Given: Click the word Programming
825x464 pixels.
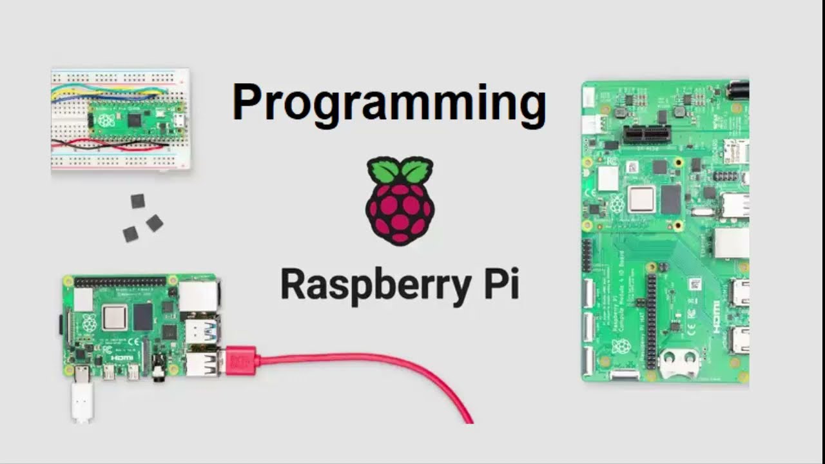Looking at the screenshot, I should (389, 103).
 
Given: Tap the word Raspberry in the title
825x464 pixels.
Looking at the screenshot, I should (367, 285).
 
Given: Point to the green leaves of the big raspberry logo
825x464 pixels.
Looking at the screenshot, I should (400, 170).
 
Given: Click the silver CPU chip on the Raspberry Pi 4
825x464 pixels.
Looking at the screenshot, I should (114, 318).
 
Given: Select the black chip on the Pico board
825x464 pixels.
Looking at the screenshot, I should (135, 121).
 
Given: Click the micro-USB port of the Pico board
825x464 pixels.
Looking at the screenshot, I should (181, 121).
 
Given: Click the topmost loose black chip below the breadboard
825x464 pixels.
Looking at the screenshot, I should (137, 201).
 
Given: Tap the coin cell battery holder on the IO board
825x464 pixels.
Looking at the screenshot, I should (679, 363).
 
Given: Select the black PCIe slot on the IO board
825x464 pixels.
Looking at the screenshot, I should (646, 135).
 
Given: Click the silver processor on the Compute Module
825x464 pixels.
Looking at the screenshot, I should (641, 199).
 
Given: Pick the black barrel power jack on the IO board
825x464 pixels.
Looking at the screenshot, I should (738, 90).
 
